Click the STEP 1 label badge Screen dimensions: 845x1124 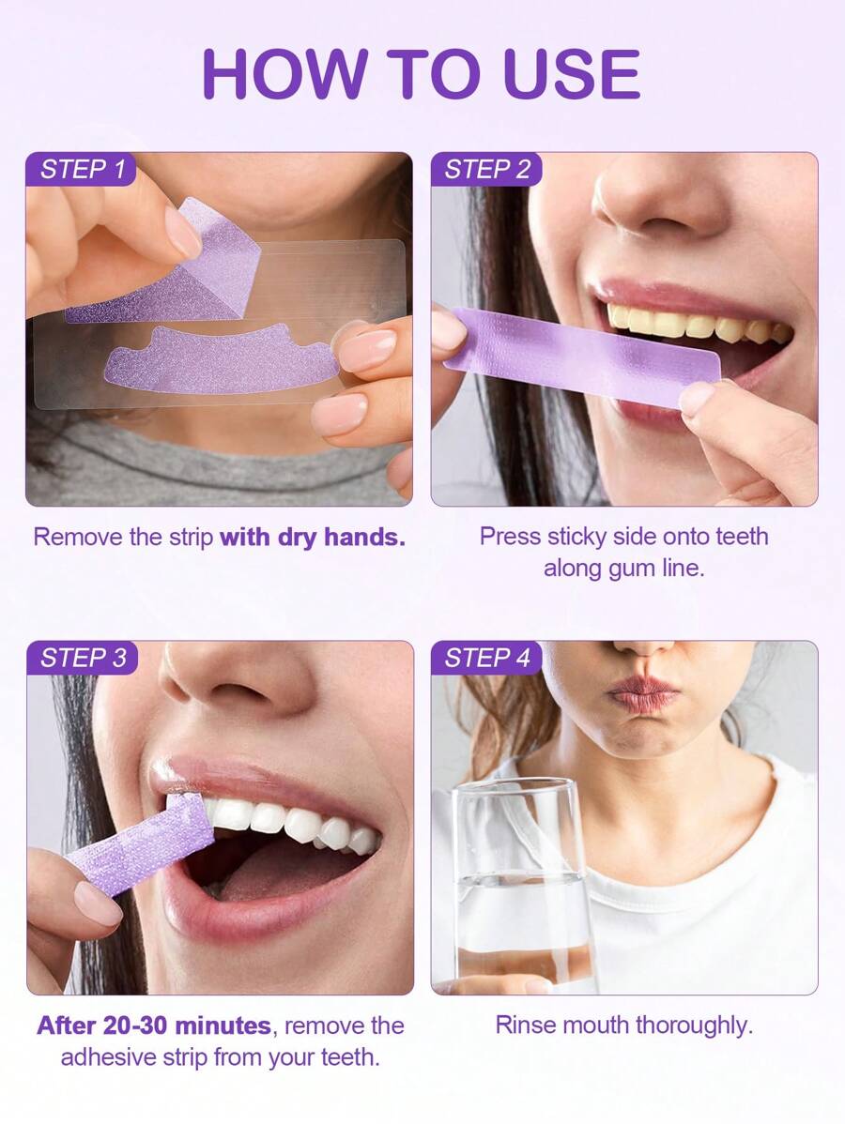tap(81, 169)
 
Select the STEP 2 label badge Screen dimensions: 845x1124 tap(486, 169)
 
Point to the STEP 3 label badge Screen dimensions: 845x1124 tap(82, 658)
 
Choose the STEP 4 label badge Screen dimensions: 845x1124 tap(486, 658)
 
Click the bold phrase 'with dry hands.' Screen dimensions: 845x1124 tap(313, 537)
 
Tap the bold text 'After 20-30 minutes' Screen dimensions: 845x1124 tap(153, 1025)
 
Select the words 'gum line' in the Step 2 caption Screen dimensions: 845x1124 tap(623, 569)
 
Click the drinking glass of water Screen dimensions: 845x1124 tap(524, 888)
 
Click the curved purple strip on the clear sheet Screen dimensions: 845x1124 tap(221, 358)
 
